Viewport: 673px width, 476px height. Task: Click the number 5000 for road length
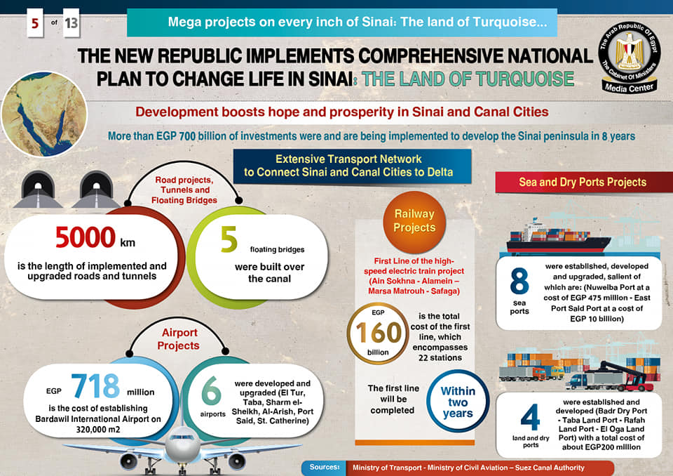pos(86,238)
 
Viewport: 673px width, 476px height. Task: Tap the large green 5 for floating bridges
pos(229,239)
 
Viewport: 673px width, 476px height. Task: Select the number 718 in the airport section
pos(95,386)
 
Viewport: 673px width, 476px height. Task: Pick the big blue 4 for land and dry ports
pos(530,417)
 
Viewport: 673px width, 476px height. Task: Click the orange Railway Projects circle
pos(414,220)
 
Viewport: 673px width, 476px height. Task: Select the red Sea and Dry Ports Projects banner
pos(582,183)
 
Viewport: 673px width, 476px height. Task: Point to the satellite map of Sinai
pos(43,113)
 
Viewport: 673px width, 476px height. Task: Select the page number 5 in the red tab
pos(33,25)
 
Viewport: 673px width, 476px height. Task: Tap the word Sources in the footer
pos(325,467)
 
